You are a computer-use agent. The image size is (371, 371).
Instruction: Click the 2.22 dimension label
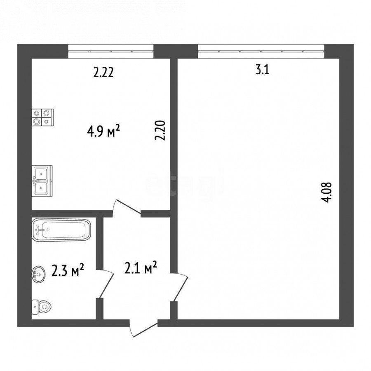(103, 73)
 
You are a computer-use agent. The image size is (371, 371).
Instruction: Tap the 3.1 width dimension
(263, 70)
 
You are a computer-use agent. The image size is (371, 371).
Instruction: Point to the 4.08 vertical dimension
(327, 192)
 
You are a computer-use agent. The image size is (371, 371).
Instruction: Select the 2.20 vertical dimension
(160, 130)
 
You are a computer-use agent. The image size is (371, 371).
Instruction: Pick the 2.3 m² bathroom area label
(68, 270)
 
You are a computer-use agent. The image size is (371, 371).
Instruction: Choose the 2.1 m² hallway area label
(141, 268)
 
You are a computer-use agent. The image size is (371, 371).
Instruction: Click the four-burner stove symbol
(42, 117)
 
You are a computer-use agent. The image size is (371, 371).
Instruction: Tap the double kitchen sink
(42, 181)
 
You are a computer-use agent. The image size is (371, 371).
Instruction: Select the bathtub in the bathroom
(61, 230)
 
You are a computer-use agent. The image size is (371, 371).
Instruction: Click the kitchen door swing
(127, 208)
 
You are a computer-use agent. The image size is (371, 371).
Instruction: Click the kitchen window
(111, 51)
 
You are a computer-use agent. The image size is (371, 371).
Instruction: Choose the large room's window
(261, 51)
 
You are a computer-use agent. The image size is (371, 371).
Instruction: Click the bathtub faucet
(39, 229)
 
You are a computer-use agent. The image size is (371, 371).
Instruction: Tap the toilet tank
(35, 307)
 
